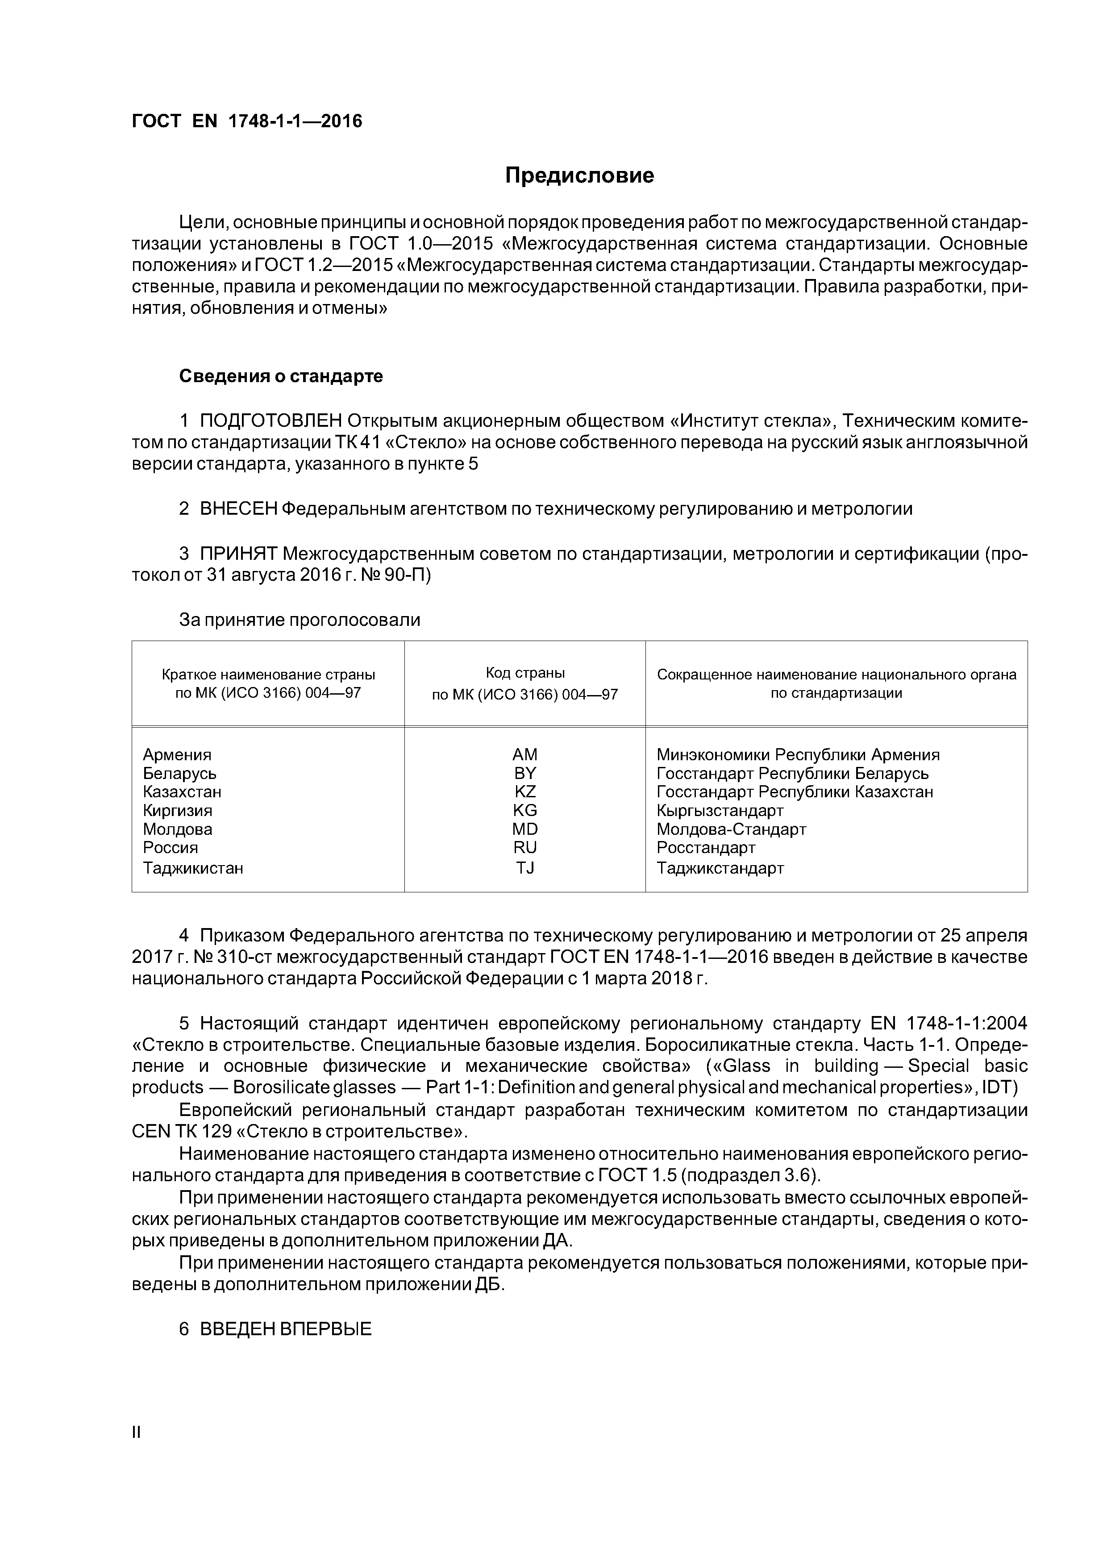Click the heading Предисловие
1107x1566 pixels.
click(x=579, y=175)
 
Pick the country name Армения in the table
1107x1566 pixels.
click(x=177, y=754)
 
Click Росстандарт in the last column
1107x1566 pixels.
click(x=705, y=847)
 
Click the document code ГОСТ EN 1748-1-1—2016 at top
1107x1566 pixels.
click(x=246, y=121)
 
